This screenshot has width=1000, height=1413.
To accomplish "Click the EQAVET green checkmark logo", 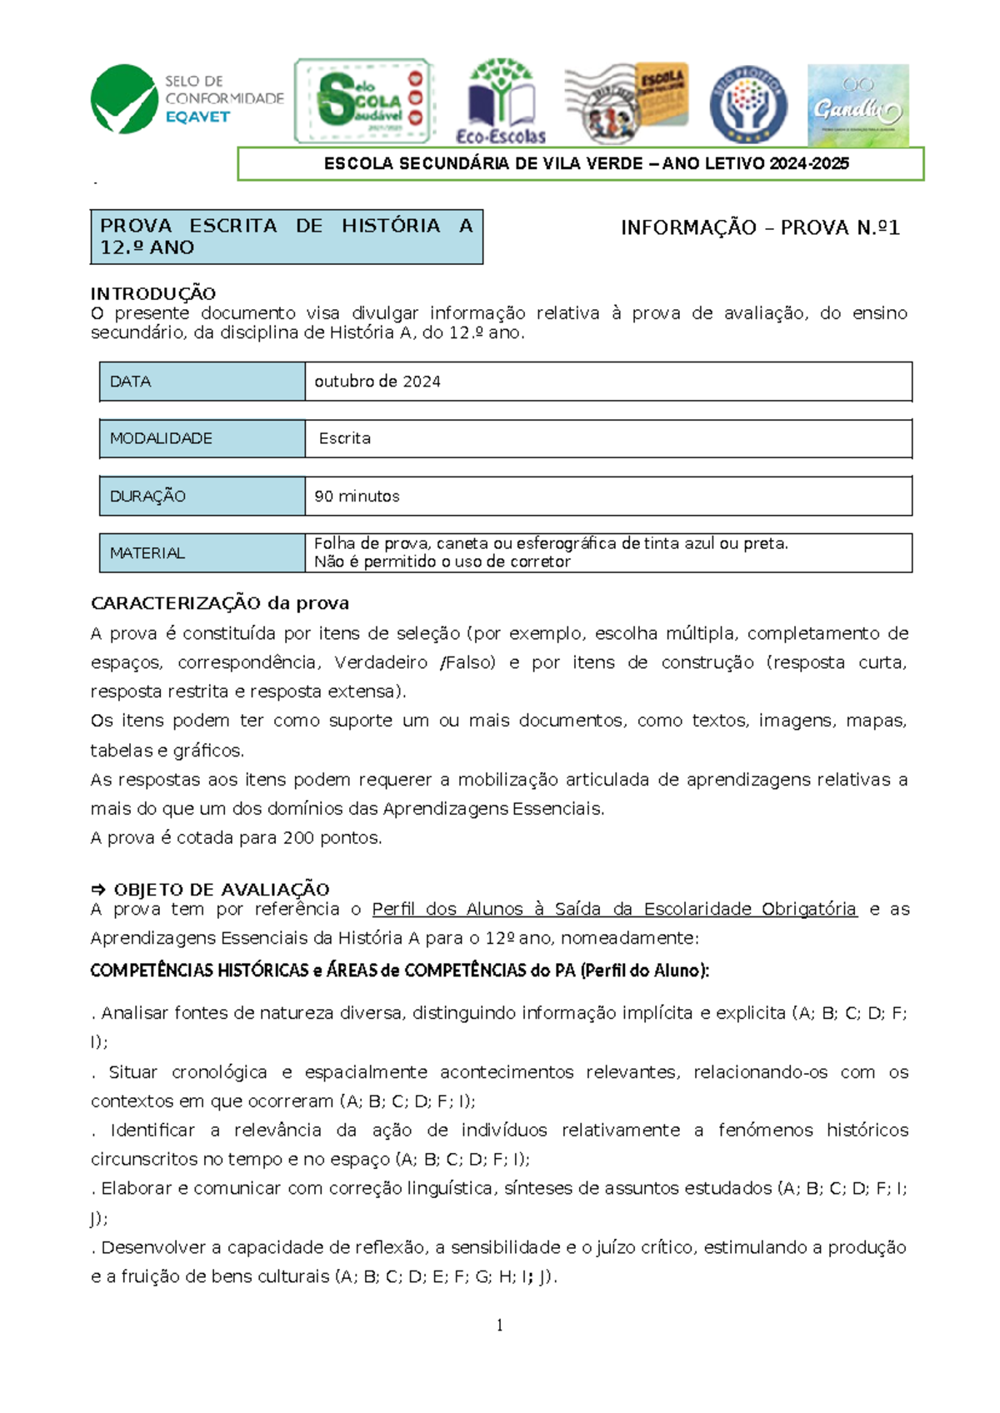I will tap(124, 100).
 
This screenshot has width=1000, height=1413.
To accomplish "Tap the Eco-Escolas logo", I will tap(500, 101).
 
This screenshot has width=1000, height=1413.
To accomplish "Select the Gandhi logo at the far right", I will tap(857, 105).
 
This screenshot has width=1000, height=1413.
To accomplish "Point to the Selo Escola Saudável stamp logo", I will tap(364, 101).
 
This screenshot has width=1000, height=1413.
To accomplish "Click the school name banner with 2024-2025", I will tap(581, 164).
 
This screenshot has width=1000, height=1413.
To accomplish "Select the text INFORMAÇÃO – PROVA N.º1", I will tap(760, 227).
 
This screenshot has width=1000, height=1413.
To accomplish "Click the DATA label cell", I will tap(202, 382).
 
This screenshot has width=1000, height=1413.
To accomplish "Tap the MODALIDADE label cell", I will tap(202, 438).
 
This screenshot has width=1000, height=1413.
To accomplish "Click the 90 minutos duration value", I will tap(357, 497).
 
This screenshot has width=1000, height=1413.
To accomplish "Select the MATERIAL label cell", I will tap(202, 553).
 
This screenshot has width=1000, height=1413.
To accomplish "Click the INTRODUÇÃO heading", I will tap(153, 293).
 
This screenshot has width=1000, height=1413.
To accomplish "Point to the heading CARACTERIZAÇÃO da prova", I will tap(220, 603).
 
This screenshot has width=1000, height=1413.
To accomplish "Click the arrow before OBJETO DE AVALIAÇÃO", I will tap(98, 890).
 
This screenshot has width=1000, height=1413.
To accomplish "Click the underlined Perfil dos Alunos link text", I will tap(613, 909).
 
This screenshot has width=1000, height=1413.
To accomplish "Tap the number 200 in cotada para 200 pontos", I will tap(298, 838).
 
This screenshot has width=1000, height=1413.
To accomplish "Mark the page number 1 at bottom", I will tap(500, 1326).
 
